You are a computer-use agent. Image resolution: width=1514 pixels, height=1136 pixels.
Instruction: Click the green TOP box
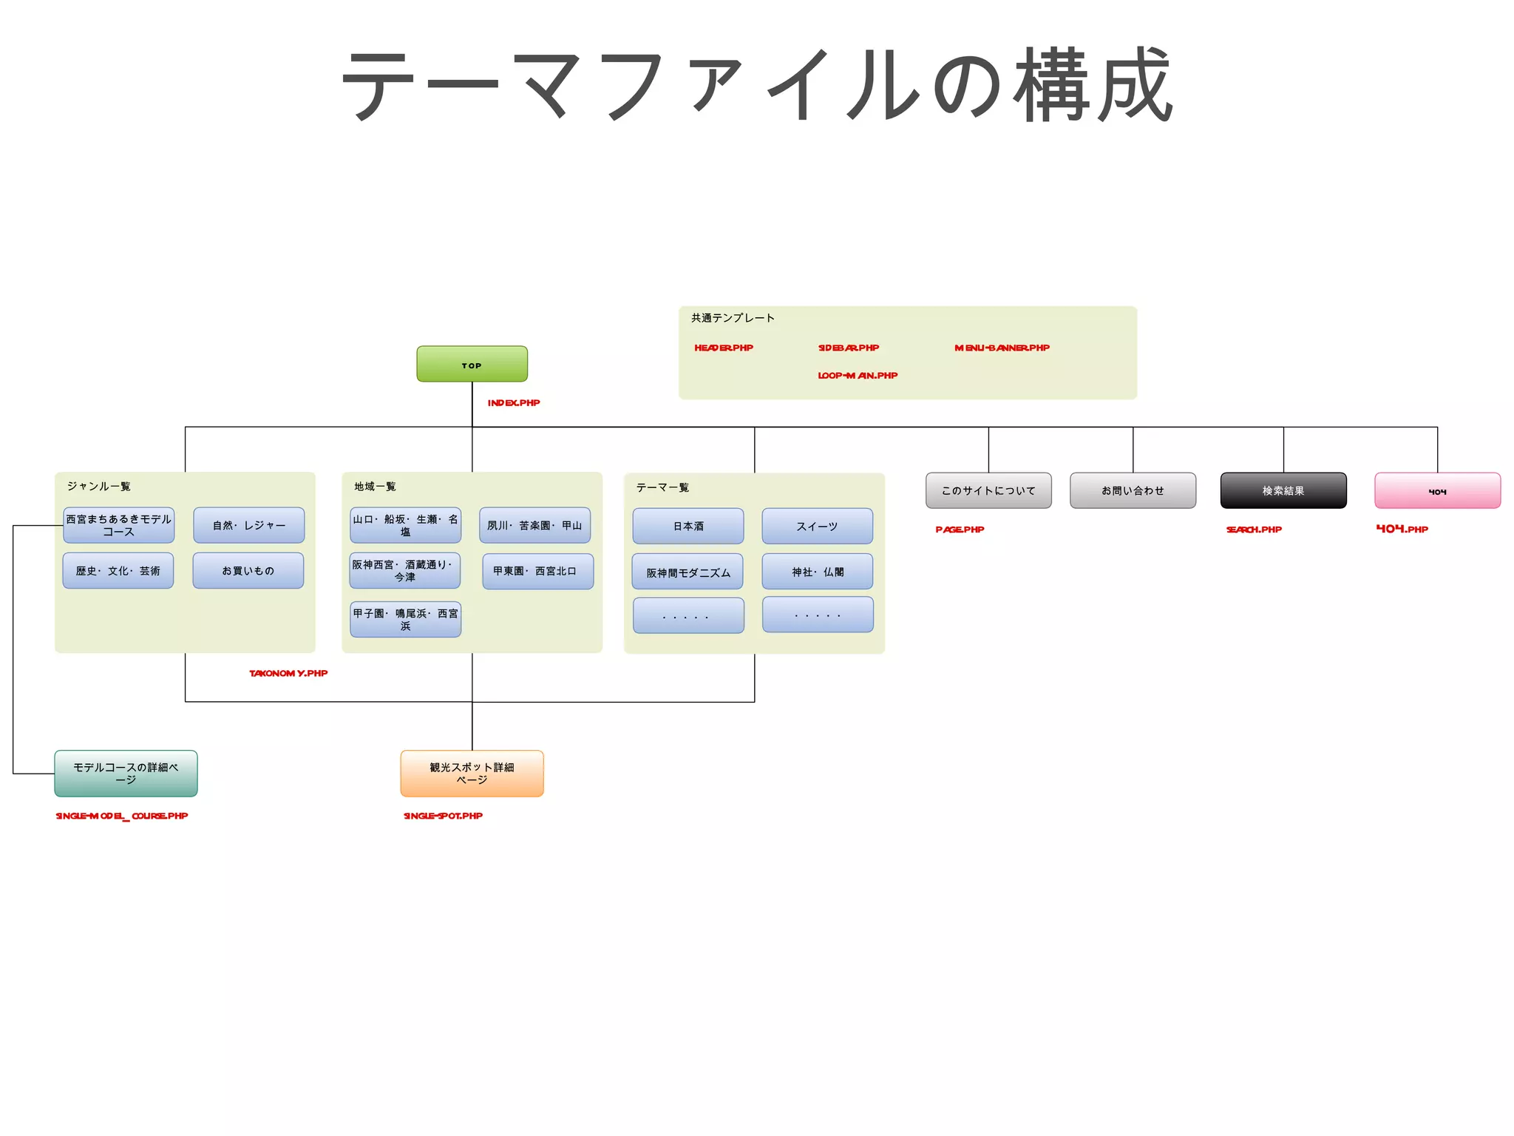coord(472,364)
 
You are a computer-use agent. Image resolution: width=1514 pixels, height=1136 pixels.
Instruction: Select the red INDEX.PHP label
coord(513,403)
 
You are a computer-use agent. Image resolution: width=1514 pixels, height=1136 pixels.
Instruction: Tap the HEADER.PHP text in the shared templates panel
coord(723,348)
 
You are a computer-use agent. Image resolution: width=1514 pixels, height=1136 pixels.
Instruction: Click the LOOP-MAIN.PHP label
coord(857,376)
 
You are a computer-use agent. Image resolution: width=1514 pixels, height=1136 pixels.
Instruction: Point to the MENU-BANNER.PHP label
coord(1002,348)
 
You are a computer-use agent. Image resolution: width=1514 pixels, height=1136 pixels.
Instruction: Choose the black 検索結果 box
coord(1283,490)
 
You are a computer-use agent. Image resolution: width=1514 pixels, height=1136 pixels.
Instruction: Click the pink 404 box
coord(1437,490)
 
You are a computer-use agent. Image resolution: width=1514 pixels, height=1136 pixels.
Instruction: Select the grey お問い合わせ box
coord(1133,490)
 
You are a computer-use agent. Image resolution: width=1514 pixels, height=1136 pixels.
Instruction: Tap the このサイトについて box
coord(988,490)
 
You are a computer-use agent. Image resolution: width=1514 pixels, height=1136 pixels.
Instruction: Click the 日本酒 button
coord(688,526)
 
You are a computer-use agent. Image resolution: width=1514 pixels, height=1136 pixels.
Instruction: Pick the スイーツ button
coord(817,526)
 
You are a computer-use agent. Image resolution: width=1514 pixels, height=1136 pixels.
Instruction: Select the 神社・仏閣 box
coord(817,572)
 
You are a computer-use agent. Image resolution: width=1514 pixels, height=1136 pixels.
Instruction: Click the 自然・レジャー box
coord(248,525)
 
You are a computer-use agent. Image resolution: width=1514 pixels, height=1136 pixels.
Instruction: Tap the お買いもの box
coord(248,570)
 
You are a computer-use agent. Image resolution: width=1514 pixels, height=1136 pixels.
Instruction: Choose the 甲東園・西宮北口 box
coord(537,571)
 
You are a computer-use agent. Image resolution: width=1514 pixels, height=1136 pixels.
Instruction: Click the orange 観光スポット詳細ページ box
coord(472,773)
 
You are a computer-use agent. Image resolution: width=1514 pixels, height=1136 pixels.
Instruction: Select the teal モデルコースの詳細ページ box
coord(126,773)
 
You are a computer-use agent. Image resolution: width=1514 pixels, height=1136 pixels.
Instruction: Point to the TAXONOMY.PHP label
coord(288,673)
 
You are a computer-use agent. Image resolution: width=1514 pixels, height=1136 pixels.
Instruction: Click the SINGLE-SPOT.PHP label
coord(443,816)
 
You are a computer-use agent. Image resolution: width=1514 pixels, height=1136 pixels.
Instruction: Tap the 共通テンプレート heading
coord(732,318)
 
